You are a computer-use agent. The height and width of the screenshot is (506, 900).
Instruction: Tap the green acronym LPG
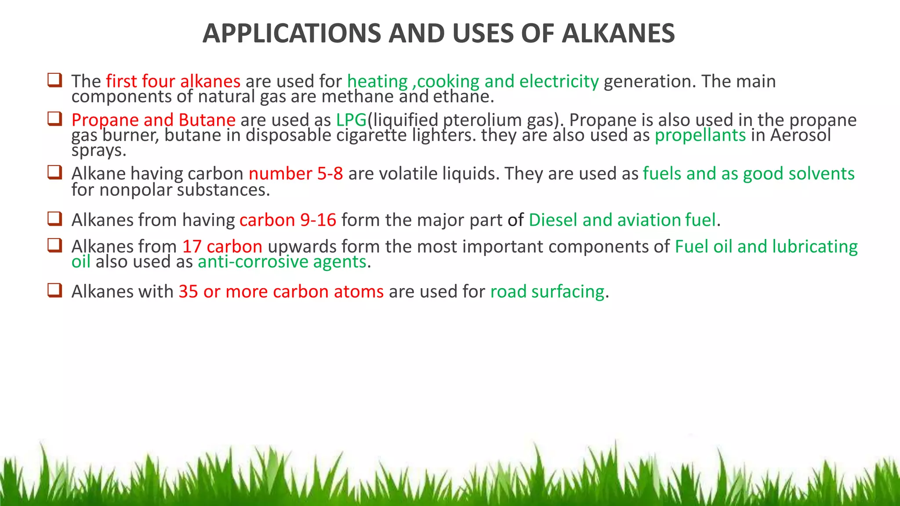pos(351,120)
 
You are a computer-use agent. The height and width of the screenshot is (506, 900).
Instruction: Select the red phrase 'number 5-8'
pos(296,174)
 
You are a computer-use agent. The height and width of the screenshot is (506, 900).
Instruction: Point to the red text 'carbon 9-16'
pos(288,220)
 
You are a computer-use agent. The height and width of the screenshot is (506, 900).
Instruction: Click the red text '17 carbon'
pos(222,247)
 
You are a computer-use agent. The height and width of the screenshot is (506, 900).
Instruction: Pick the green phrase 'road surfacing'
pos(547,292)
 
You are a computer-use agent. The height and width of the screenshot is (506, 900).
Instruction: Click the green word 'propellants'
pos(700,135)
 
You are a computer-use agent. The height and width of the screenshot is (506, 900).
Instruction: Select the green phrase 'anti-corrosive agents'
pos(282,262)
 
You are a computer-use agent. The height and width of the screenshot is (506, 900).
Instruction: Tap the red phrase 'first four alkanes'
pos(173,82)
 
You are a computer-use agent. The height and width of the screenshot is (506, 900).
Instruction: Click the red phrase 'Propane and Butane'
pos(153,120)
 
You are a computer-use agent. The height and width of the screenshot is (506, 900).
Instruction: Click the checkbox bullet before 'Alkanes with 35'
pos(54,290)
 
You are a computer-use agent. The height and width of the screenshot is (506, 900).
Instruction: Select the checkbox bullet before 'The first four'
pos(54,80)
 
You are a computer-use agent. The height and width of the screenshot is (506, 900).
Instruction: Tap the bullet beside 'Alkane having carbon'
pos(54,172)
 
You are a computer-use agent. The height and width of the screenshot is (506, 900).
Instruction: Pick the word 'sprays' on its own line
pos(98,151)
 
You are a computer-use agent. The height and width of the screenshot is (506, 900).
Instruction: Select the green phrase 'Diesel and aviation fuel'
pos(622,220)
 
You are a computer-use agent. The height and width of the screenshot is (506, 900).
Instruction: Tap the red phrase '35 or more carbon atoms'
pos(281,292)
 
